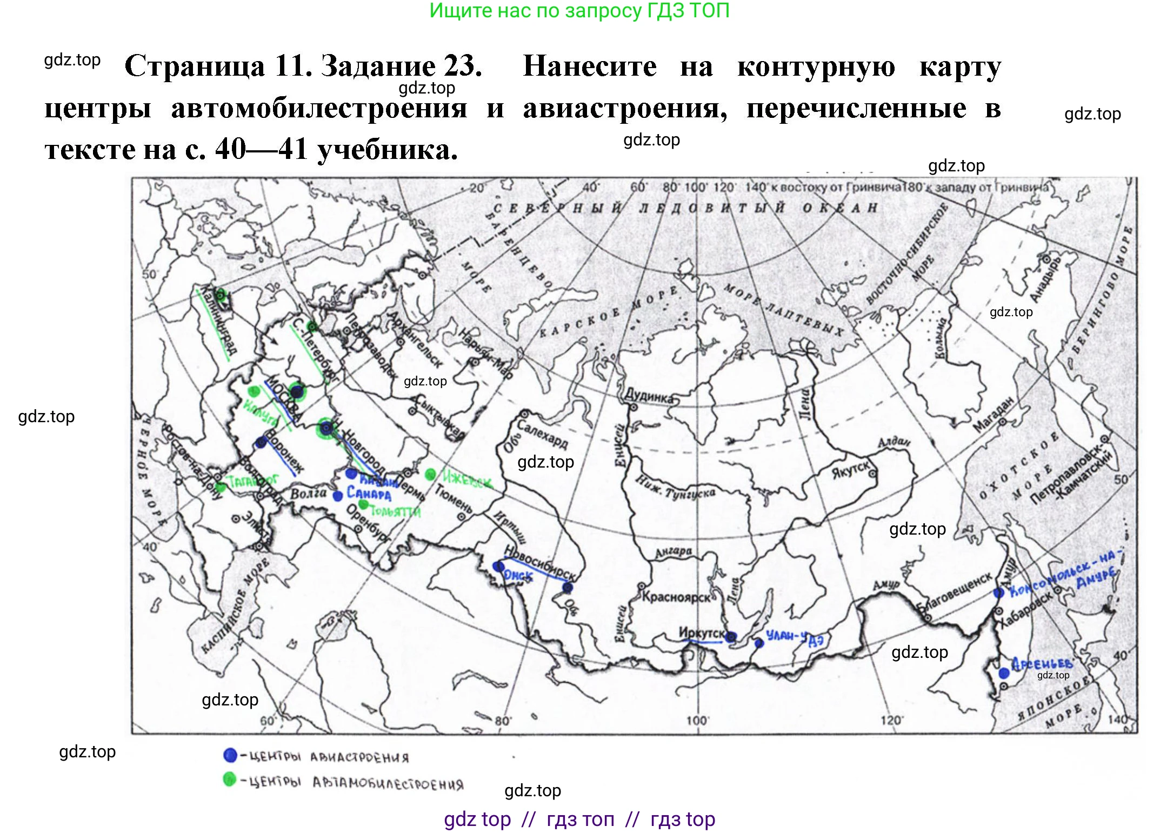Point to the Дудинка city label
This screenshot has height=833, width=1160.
coord(649,396)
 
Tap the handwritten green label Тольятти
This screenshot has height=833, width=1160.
coord(395,511)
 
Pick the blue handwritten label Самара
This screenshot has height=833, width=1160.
coord(369,493)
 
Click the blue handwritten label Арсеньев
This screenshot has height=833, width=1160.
coord(1042,663)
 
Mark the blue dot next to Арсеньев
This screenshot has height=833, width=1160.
coord(1004,673)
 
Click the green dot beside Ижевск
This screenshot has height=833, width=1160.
coord(430,475)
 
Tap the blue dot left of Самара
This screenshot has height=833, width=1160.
coord(338,496)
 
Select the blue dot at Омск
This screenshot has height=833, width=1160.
coord(498,567)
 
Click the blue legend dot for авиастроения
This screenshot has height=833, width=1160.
coord(230,755)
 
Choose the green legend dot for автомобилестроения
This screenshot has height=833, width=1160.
coord(230,779)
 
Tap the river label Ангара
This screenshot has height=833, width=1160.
coord(673,552)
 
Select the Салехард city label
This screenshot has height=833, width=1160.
coord(542,434)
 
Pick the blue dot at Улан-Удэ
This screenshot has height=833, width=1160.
coord(759,643)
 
